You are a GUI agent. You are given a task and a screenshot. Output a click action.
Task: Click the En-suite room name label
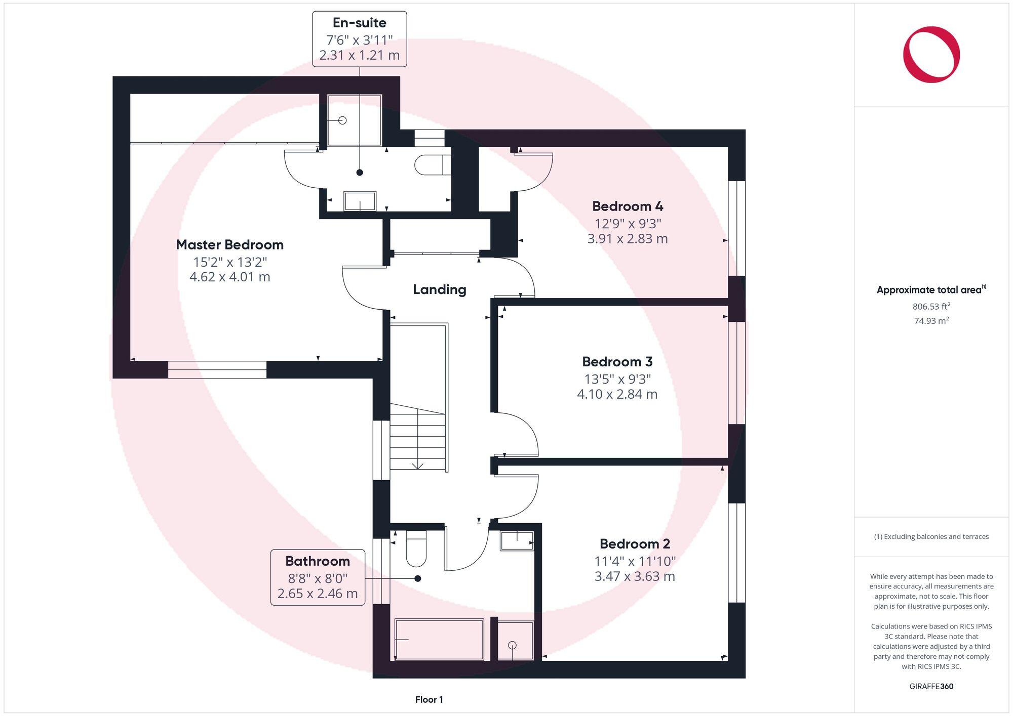point(359,23)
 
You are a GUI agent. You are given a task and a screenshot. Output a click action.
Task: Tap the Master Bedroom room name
point(229,245)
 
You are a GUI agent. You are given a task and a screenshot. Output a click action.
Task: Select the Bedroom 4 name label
point(628,206)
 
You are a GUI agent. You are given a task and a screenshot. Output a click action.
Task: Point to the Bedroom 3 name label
point(617,362)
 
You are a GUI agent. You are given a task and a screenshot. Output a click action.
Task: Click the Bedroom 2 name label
point(635,544)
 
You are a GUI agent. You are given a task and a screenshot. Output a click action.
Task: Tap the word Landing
point(439,289)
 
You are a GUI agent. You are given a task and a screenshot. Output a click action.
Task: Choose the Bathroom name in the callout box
point(318,561)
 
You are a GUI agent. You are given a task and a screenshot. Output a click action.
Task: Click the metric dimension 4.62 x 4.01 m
point(229,277)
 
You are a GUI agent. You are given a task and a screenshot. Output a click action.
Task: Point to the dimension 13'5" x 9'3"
point(617,379)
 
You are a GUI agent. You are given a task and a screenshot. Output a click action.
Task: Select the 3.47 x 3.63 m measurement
point(635,576)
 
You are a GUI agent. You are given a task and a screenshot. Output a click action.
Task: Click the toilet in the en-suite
point(432,164)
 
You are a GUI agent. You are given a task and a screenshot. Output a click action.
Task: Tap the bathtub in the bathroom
point(439,640)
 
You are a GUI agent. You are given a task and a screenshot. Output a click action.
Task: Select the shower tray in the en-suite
point(354,120)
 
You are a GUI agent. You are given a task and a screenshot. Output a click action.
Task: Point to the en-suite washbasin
point(360,201)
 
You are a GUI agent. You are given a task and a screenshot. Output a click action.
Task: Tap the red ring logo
point(931,55)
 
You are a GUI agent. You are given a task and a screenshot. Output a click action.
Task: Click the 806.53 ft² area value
point(931,307)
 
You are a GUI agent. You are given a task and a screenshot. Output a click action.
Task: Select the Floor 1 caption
point(429,700)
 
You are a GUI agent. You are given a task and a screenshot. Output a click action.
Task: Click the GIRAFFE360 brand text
point(931,687)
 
